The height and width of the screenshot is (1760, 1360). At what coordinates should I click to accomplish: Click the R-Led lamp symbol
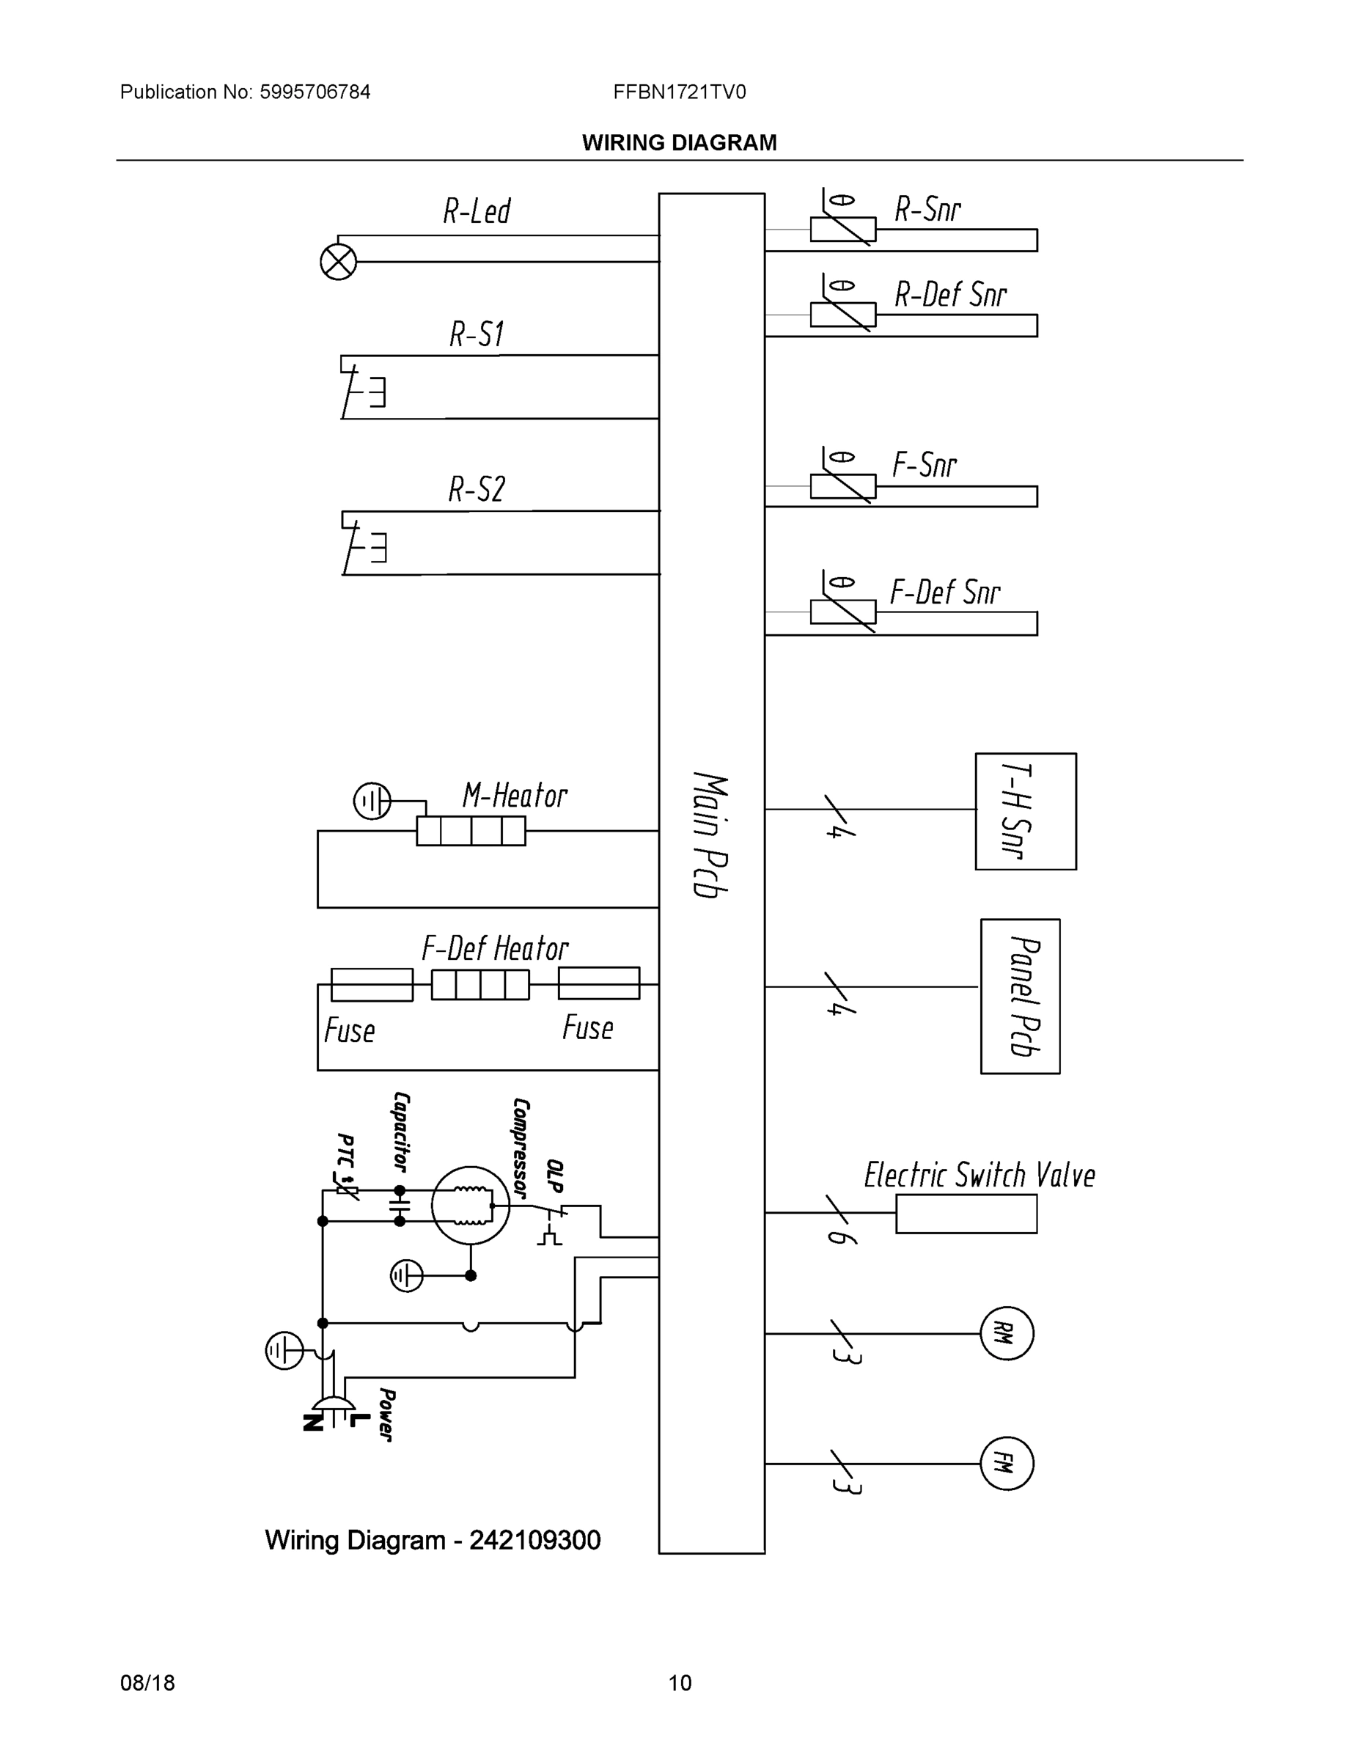pos(339,262)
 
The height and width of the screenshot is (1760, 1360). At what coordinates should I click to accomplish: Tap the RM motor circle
pos(1007,1334)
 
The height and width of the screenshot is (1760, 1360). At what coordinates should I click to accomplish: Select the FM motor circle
pos(1007,1464)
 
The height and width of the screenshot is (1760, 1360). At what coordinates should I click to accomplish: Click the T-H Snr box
pos(1026,812)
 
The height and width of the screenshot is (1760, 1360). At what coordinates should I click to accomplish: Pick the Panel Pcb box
pos(1020,996)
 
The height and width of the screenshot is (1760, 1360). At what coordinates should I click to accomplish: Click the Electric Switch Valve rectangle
pos(966,1214)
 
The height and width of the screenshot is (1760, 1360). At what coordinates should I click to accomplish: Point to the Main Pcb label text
pos(710,835)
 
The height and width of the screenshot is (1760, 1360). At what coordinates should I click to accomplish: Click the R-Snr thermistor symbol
pos(842,229)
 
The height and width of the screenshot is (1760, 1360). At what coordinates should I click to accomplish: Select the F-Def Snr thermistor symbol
pos(842,612)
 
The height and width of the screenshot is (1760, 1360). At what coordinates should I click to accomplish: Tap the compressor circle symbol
pos(471,1206)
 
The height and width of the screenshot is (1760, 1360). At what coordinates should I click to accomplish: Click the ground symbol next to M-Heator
pos(372,802)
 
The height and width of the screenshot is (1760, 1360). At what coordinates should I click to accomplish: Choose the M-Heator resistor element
pos(471,831)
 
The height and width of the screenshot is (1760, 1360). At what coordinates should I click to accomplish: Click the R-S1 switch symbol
pos(363,390)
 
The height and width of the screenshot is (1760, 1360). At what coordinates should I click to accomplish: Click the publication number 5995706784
pos(315,92)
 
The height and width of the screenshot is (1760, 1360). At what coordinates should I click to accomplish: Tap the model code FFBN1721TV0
pos(679,92)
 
